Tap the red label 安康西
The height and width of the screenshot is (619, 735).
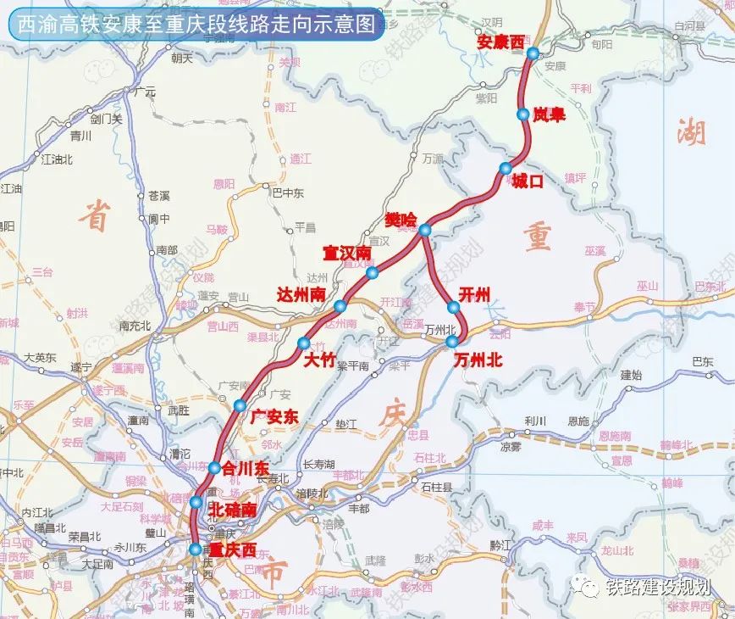[501, 41]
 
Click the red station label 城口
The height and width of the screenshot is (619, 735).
[526, 180]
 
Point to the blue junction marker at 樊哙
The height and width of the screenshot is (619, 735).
[425, 230]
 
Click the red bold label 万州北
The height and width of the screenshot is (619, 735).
[478, 360]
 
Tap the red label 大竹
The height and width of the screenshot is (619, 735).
[320, 360]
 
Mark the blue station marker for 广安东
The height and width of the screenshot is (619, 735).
[240, 404]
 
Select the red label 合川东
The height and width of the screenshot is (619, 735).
[245, 467]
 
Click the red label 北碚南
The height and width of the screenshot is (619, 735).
[231, 510]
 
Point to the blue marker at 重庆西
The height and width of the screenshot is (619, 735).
[196, 549]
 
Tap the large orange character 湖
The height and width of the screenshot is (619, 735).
[692, 132]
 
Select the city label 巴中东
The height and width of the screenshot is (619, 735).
[287, 192]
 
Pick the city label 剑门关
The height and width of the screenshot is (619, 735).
[107, 119]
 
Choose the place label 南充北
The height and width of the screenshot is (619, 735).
[135, 324]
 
